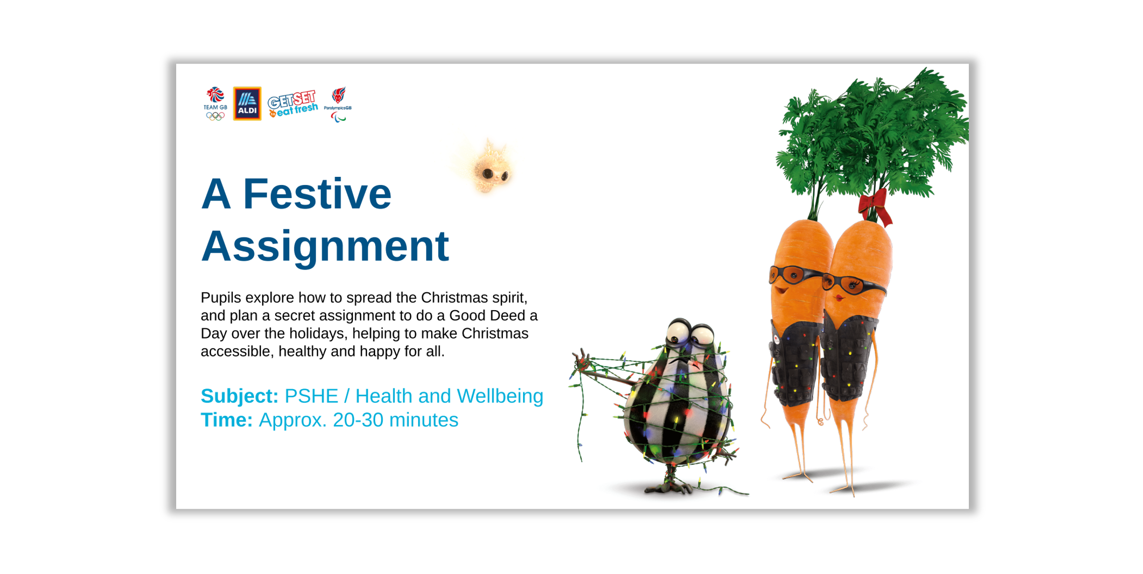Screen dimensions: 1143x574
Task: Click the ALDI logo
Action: [247, 104]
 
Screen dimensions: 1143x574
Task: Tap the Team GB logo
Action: [215, 104]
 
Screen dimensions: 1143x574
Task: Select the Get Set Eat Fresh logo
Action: [293, 104]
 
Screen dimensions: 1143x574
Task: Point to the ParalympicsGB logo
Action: [338, 104]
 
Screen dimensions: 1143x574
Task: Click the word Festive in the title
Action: [317, 194]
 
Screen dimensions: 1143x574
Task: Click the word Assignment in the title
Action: [325, 247]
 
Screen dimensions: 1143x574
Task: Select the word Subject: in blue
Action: [239, 396]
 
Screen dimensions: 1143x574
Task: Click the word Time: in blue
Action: [227, 420]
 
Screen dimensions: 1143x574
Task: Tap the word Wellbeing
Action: [500, 397]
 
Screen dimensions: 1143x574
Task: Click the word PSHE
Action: [311, 396]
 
